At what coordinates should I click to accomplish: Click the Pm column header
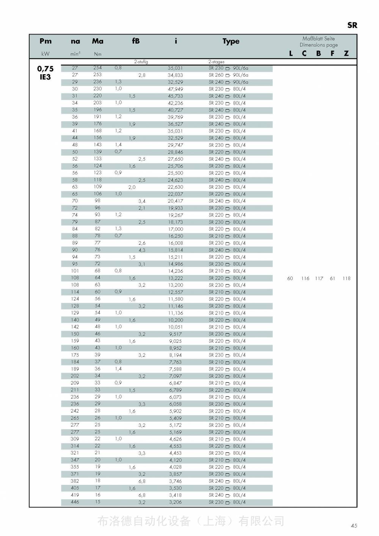(x=45, y=41)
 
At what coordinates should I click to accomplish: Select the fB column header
(x=136, y=41)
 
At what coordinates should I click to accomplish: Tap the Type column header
(x=231, y=41)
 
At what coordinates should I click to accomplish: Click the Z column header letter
(x=346, y=53)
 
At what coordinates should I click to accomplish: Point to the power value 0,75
(x=45, y=69)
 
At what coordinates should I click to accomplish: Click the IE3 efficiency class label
(x=45, y=77)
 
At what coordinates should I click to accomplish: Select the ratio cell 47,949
(x=175, y=89)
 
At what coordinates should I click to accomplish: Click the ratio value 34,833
(x=175, y=75)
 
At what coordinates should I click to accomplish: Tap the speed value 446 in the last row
(x=75, y=502)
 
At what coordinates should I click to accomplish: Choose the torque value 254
(x=97, y=68)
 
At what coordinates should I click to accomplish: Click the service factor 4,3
(x=142, y=250)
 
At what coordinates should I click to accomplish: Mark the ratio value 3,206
(x=175, y=502)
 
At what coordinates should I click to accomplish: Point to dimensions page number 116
(x=305, y=278)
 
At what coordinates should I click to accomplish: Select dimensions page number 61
(x=332, y=278)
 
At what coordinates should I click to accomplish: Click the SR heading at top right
(x=352, y=25)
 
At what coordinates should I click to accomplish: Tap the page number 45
(x=354, y=525)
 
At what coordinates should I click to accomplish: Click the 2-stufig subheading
(x=141, y=62)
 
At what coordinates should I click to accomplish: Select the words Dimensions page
(x=318, y=45)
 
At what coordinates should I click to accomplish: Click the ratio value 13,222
(x=175, y=278)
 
